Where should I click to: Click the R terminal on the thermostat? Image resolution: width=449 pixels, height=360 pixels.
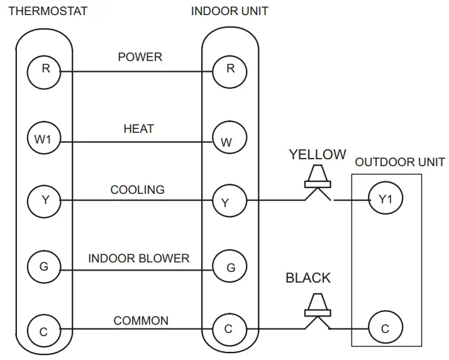tap(44, 70)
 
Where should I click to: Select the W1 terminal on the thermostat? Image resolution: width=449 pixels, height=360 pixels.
tap(44, 139)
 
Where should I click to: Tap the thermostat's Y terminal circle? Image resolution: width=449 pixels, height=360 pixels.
tap(44, 201)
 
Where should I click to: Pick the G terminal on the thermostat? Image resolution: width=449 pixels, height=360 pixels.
tap(44, 267)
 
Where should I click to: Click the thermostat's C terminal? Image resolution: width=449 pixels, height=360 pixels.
tap(44, 330)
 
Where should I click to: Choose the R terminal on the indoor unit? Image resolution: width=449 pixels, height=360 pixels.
tap(230, 70)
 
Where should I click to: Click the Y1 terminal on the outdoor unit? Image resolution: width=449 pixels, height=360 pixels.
tap(385, 200)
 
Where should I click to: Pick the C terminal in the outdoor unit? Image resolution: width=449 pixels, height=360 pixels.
tap(385, 329)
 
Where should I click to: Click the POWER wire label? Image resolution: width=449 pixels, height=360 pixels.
tap(140, 57)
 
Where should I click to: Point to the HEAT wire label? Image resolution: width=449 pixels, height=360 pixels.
tap(138, 129)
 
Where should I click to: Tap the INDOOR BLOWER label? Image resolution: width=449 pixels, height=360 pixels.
tap(138, 259)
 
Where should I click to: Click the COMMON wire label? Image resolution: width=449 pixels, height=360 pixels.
tap(141, 321)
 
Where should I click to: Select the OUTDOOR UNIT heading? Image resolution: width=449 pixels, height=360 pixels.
tap(400, 162)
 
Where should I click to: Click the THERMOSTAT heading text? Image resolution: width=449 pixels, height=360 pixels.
tap(48, 11)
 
